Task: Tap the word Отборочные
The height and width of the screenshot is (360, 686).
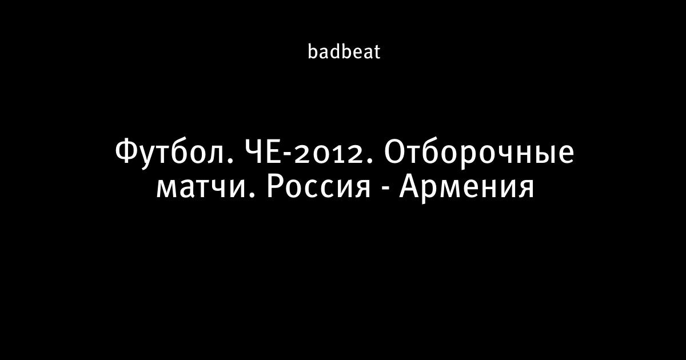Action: pos(479,154)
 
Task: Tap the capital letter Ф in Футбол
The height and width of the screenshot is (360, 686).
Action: pos(126,153)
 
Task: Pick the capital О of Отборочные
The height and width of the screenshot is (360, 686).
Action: pos(394,153)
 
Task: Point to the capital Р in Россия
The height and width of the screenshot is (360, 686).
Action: pos(275,187)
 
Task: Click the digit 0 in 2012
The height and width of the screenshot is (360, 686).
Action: pos(321,155)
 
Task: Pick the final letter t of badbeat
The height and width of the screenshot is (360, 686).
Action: pos(376,53)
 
